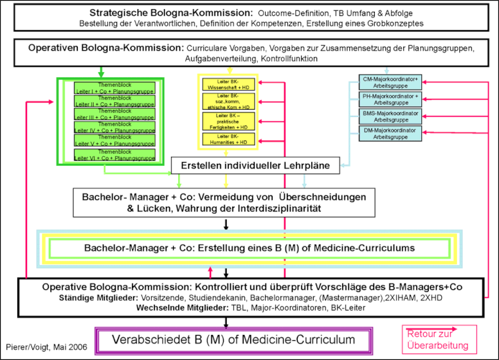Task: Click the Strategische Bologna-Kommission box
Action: [249, 19]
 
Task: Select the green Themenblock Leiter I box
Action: [115, 87]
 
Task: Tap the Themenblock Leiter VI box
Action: [115, 154]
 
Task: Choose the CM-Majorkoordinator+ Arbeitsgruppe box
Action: [390, 83]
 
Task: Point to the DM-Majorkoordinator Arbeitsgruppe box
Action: [390, 134]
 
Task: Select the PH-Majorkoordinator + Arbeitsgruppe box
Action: [390, 100]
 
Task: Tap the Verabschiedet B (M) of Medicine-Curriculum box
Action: [235, 339]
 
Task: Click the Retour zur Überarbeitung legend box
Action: [439, 339]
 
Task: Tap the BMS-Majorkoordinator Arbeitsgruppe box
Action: [390, 116]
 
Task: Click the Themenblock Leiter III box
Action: [115, 114]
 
